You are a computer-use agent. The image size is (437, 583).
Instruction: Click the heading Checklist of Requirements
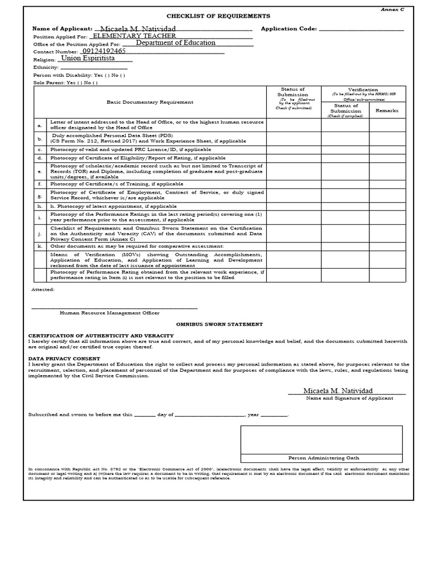pyautogui.click(x=218, y=17)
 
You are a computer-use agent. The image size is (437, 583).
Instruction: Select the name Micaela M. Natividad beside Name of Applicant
pyautogui.click(x=137, y=28)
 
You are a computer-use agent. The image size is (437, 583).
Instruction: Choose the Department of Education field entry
pyautogui.click(x=175, y=43)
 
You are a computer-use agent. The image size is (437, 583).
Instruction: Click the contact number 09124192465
pyautogui.click(x=104, y=51)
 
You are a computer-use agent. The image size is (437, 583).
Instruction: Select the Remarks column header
pyautogui.click(x=387, y=110)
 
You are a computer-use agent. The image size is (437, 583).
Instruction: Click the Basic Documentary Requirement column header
pyautogui.click(x=150, y=102)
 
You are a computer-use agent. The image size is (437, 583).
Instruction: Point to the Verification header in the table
pyautogui.click(x=363, y=89)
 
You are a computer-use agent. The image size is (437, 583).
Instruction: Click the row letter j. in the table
pyautogui.click(x=40, y=233)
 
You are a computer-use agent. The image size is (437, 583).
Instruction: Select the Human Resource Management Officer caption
pyautogui.click(x=110, y=313)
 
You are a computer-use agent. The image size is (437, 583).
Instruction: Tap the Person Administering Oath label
pyautogui.click(x=324, y=458)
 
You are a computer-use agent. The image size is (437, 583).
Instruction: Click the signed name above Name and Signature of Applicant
pyautogui.click(x=338, y=391)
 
